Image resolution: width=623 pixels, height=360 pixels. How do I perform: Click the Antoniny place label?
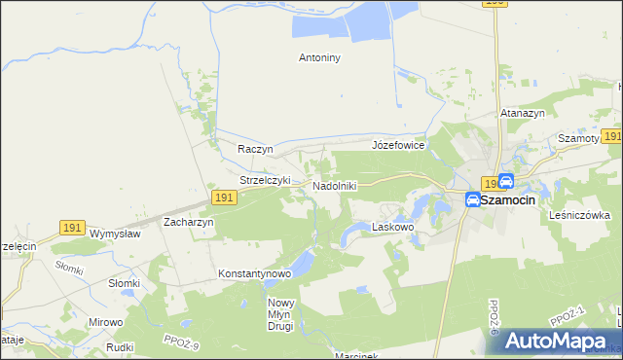pos(318,57)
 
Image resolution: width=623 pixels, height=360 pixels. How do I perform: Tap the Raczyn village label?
pos(255,149)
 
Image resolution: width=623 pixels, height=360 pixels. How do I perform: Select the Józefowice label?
pos(398,145)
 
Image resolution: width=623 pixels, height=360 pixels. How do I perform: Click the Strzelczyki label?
pos(266,180)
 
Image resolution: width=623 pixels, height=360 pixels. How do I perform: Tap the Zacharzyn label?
pos(189,222)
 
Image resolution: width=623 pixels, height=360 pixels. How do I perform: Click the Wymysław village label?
pos(115,234)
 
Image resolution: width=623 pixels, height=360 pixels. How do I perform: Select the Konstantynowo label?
pos(255,273)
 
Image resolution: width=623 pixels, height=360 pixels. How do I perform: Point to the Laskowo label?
pos(393,227)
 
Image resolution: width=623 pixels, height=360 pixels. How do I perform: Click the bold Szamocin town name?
pos(522,199)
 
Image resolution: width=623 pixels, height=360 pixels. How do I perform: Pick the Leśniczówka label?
pos(579,215)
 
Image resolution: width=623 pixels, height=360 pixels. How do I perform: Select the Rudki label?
pos(120,346)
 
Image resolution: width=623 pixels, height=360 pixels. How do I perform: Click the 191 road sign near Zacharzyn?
pos(223,198)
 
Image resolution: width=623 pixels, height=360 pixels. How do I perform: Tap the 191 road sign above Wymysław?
pos(71,227)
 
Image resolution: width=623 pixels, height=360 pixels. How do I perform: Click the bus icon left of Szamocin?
pos(472,199)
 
